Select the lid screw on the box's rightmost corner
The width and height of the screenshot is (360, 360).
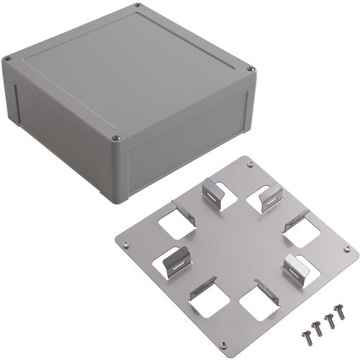pyautogui.click(x=250, y=70)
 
